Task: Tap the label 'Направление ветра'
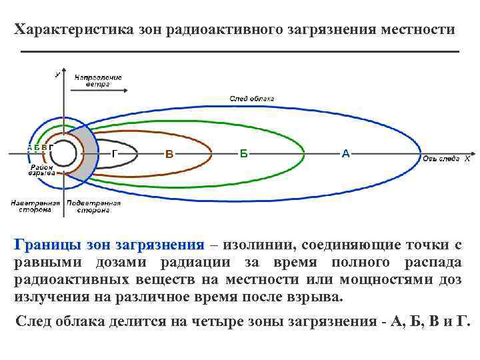point(98,81)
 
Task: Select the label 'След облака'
point(251,98)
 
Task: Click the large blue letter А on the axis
point(345,154)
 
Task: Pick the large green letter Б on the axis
point(244,154)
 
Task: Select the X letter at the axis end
point(467,159)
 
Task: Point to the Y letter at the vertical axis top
point(57,75)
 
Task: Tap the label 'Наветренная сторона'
point(35,206)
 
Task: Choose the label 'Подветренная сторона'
point(93,206)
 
